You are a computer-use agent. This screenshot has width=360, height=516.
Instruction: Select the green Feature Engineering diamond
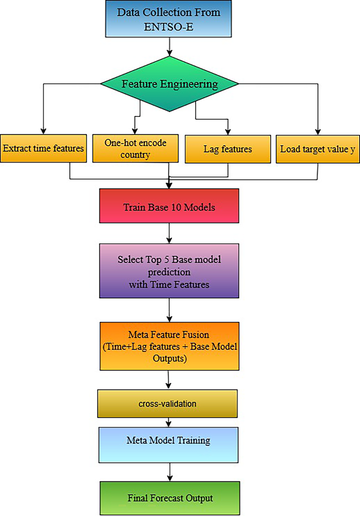coord(169,84)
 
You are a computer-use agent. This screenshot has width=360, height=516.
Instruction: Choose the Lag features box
coord(228,149)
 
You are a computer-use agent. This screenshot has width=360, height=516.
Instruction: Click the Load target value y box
coord(317,148)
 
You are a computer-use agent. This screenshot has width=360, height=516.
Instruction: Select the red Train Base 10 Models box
coord(169,207)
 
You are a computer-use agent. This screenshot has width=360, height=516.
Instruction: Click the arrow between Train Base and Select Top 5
coord(169,232)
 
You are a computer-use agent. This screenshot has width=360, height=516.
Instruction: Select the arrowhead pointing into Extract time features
coord(44,131)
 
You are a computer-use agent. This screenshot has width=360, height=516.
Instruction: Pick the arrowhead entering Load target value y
coord(317,131)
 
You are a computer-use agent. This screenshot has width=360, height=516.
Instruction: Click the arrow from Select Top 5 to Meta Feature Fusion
coord(169,311)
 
